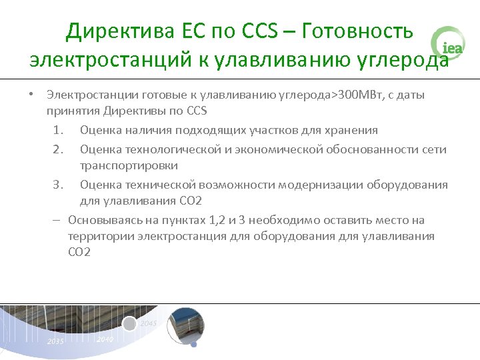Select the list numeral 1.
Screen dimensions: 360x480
(58, 130)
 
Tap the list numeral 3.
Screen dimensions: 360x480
(58, 185)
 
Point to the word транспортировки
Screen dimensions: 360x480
(129, 165)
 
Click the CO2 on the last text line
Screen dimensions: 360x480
(79, 252)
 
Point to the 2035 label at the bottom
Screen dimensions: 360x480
(55, 341)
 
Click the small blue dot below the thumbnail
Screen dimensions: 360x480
(193, 345)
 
